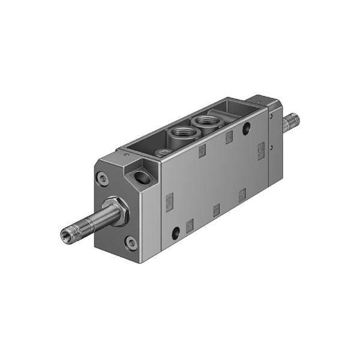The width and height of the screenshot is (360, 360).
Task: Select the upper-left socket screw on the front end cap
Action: [103, 178]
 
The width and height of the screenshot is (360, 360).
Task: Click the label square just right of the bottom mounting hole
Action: [190, 225]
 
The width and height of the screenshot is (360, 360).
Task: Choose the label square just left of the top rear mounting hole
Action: [229, 137]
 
